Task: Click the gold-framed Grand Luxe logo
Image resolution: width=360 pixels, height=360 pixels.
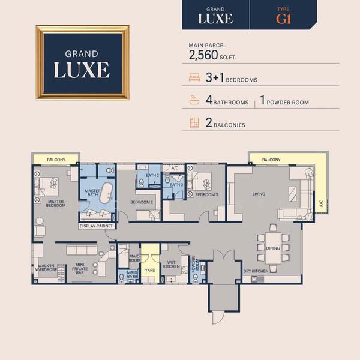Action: (82, 62)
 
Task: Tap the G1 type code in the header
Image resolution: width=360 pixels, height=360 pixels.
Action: (283, 18)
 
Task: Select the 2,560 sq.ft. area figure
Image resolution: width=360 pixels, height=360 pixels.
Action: (209, 56)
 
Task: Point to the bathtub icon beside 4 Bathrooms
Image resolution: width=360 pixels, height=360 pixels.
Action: (194, 101)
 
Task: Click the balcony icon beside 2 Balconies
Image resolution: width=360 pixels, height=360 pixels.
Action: (194, 124)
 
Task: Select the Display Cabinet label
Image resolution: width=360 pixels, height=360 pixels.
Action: (97, 226)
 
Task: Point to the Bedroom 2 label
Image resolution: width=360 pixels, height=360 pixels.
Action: (142, 202)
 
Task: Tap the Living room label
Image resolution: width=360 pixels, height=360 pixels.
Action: (259, 194)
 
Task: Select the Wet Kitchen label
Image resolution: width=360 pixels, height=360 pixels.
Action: (171, 265)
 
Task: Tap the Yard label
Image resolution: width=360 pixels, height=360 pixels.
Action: (150, 271)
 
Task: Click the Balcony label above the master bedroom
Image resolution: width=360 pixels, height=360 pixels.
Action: (55, 159)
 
